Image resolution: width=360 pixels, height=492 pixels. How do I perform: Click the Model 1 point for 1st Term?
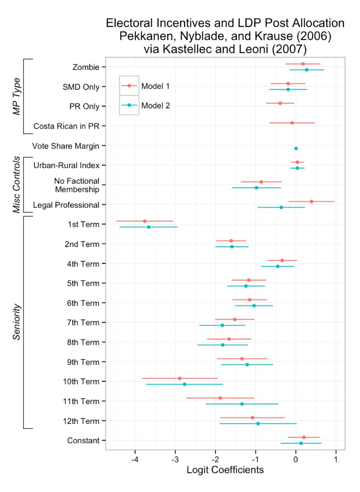145,221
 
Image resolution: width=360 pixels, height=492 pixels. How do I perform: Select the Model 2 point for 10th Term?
185,384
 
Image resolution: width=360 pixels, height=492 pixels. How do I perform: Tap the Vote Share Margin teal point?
296,148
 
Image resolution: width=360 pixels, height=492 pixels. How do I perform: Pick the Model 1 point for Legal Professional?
311,201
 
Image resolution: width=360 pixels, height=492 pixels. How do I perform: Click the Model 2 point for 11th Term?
242,404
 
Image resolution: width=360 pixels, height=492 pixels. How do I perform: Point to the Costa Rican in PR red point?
292,123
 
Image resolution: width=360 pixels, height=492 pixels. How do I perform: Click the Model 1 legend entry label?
155,86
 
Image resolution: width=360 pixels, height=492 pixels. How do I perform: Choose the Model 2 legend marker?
129,105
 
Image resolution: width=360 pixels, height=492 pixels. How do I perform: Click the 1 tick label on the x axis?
336,460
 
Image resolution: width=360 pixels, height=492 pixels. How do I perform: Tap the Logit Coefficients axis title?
225,470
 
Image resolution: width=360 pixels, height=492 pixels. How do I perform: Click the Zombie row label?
86,67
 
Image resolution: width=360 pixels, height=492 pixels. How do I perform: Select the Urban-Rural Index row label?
66,165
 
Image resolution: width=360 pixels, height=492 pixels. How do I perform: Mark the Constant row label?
83,440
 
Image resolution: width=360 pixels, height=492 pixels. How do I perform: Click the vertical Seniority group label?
16,322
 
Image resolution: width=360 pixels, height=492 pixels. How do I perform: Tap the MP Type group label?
16,96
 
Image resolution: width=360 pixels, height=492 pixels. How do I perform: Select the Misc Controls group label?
16,185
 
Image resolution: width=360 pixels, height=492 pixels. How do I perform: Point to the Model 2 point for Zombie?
306,70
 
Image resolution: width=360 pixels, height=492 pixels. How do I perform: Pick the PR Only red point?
280,103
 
